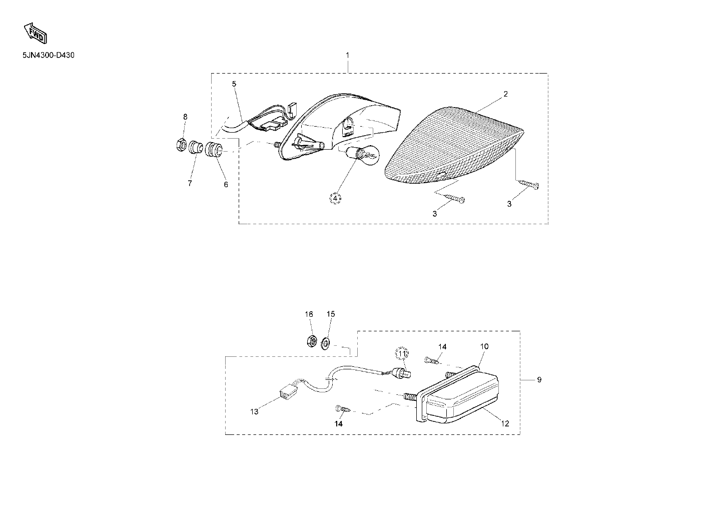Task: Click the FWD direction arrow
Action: [x=36, y=33]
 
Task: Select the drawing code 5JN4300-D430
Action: [x=49, y=55]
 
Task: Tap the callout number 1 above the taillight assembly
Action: [x=348, y=56]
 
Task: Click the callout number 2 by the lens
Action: [x=505, y=94]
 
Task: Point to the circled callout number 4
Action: [x=335, y=198]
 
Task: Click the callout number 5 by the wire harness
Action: [x=234, y=84]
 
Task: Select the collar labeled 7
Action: [x=196, y=148]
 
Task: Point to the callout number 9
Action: [x=539, y=380]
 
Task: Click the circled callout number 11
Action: [x=402, y=353]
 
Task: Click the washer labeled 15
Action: [x=325, y=343]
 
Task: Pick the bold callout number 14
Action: [x=339, y=424]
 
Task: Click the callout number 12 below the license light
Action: [x=505, y=423]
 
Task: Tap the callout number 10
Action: [x=484, y=346]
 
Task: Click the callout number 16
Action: [x=309, y=314]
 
